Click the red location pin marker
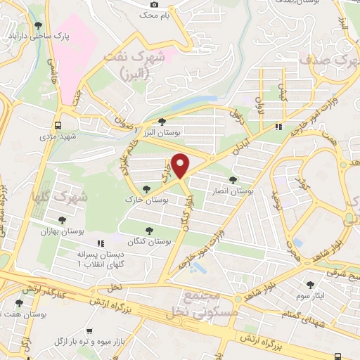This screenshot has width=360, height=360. [181, 165]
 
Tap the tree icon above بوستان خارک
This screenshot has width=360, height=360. [146, 188]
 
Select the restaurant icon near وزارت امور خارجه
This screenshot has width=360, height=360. [278, 127]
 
